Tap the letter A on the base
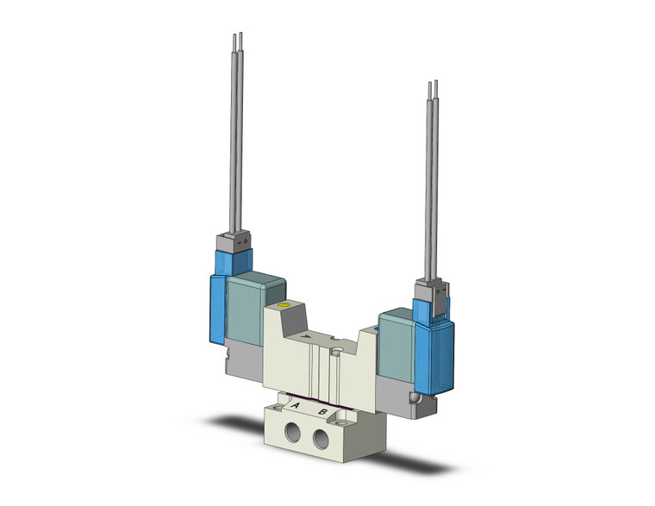pos(296,404)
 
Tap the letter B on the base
pos(323,412)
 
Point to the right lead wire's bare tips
pos(434,86)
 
